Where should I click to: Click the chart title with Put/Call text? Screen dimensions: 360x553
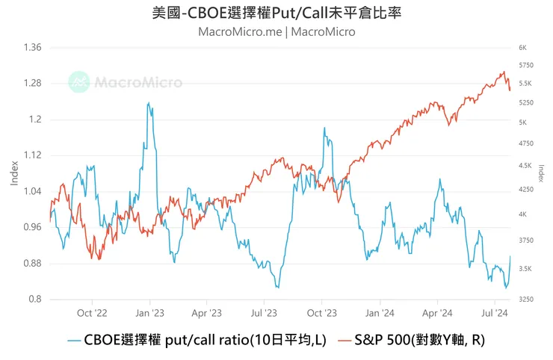[276, 13]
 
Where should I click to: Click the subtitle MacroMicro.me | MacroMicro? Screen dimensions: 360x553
[276, 31]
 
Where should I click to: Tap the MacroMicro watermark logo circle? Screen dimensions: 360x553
[78, 81]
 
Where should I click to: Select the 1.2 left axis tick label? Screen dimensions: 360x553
[34, 120]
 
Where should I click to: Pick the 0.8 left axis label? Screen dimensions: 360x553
[34, 300]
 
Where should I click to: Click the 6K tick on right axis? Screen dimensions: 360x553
[522, 48]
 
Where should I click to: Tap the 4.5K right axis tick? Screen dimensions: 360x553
[525, 166]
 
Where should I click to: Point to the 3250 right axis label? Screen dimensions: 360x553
[526, 300]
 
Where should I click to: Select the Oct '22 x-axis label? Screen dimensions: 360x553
[93, 314]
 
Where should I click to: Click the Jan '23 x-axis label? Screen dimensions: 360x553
[150, 314]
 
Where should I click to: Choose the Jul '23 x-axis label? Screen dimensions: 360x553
[265, 314]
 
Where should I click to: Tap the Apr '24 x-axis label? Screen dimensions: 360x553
[437, 314]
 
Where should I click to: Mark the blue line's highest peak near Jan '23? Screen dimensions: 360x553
[148, 103]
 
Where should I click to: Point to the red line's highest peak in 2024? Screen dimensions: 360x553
[504, 72]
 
